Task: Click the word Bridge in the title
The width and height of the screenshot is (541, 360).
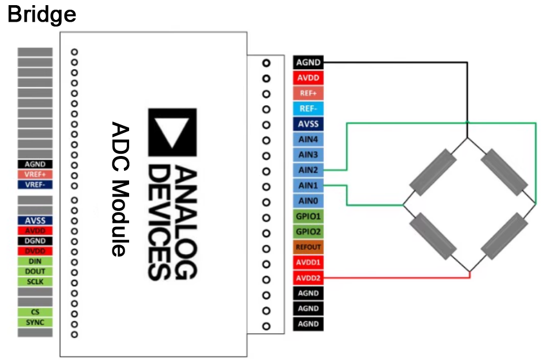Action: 42,14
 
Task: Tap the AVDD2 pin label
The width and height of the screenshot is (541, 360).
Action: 308,278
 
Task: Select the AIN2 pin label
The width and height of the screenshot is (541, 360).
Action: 308,170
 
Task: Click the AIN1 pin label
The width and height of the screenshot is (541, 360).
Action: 308,185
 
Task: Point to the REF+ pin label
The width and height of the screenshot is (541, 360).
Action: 308,93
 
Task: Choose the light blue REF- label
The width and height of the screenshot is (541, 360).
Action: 308,109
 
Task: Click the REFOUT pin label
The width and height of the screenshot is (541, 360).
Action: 308,247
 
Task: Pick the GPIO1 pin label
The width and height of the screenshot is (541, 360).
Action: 308,217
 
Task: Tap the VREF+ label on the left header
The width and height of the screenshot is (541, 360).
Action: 35,174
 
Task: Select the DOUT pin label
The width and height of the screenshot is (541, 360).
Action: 35,271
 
